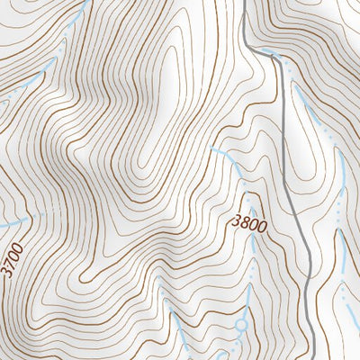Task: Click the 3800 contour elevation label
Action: coord(248,223)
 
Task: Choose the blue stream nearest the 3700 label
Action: coord(18,219)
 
